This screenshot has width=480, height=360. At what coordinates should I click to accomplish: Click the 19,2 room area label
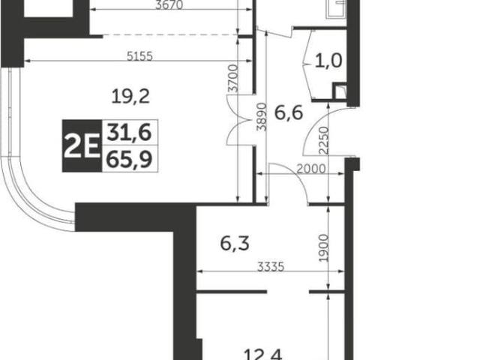click(130, 96)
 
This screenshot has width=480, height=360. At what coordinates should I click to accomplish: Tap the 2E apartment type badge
click(82, 145)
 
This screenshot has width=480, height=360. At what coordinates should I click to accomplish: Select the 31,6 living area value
click(129, 133)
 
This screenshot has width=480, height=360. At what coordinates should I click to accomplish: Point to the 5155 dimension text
click(139, 56)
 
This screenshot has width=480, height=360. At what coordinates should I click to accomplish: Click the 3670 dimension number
click(169, 5)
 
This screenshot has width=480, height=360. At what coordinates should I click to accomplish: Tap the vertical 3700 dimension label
click(233, 78)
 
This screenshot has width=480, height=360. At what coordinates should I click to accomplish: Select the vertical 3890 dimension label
click(262, 117)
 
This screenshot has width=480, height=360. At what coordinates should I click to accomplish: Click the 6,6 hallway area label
click(289, 112)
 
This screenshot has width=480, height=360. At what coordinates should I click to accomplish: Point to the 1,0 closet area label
click(328, 60)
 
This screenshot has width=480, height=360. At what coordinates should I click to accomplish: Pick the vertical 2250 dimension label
click(323, 140)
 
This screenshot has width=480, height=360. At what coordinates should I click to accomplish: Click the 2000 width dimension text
click(311, 169)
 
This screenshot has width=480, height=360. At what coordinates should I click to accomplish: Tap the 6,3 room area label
click(235, 244)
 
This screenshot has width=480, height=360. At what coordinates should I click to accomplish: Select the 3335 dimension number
click(271, 267)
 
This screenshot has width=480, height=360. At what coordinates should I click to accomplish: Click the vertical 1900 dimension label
click(323, 248)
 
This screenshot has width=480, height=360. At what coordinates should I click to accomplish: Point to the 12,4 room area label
click(263, 355)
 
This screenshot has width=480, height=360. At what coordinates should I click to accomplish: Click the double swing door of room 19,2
click(238, 119)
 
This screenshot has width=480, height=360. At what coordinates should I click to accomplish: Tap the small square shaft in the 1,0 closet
click(340, 91)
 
